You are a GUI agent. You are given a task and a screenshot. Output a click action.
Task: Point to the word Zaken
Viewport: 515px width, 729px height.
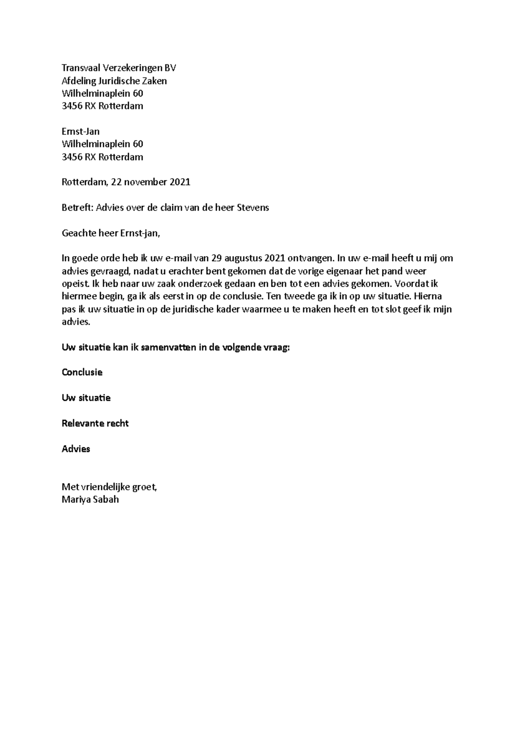[155, 81]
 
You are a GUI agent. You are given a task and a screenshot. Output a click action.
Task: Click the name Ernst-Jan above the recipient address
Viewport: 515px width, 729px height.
[81, 131]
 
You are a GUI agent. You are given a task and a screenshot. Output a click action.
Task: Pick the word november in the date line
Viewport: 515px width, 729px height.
[145, 182]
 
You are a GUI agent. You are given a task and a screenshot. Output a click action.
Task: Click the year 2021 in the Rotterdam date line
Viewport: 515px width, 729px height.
[180, 182]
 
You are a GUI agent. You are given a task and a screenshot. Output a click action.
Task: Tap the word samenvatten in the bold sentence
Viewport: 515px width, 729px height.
[168, 348]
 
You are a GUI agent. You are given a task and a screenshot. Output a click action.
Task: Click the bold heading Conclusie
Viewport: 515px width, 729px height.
[82, 372]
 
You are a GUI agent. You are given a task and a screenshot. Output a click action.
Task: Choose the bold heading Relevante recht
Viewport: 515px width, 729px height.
[95, 423]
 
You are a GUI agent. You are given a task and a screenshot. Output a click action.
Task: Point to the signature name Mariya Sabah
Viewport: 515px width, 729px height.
[90, 499]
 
